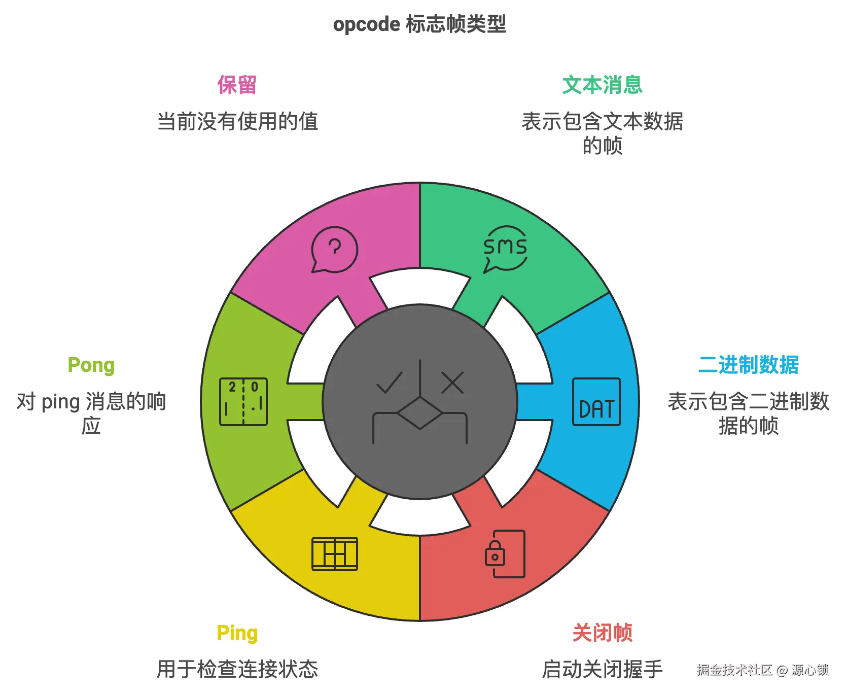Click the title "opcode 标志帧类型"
tap(419, 24)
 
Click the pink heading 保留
tap(237, 85)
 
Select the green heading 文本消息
tap(602, 85)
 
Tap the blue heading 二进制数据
tap(748, 365)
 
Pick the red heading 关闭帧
tap(602, 633)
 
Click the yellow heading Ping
tap(237, 633)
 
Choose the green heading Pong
tap(91, 365)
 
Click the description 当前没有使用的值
tap(237, 122)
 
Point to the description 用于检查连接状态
tap(237, 669)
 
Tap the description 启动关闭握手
tap(602, 669)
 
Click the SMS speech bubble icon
tap(505, 249)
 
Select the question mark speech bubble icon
tap(334, 249)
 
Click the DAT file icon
tap(596, 402)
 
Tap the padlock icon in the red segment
tap(496, 553)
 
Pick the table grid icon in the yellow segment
tap(335, 553)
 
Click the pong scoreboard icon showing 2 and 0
tap(243, 402)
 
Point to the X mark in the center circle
tap(452, 383)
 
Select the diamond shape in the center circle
tap(420, 413)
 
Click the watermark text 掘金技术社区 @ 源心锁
tap(762, 670)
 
